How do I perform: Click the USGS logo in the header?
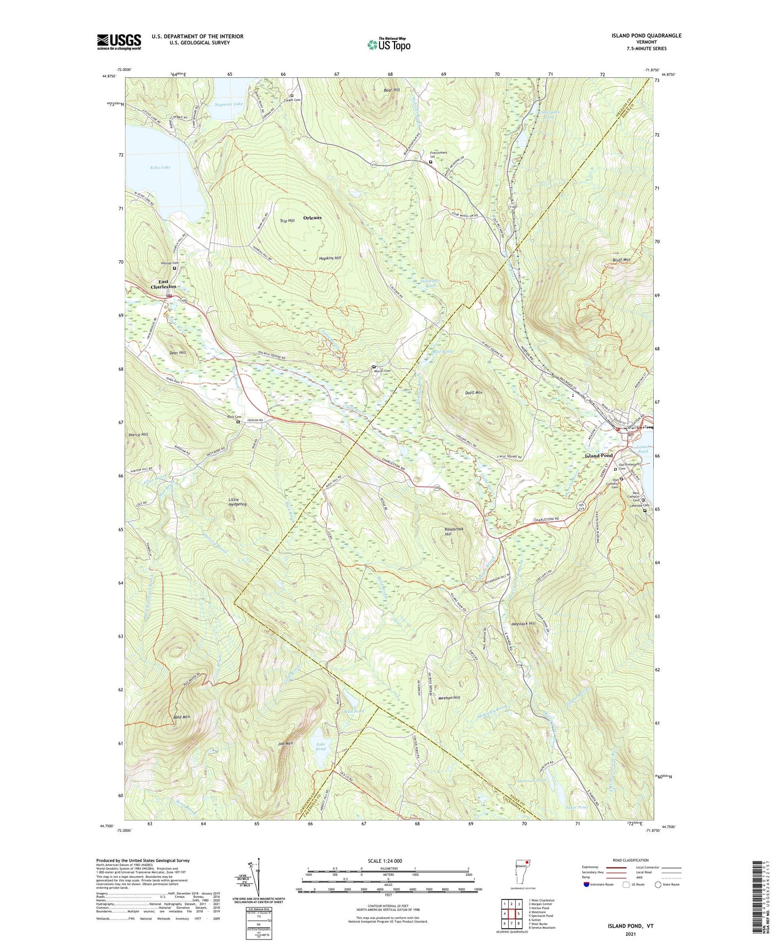[119, 42]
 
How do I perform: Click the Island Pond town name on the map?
[599, 456]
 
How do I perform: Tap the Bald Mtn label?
[181, 717]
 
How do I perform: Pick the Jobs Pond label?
[320, 747]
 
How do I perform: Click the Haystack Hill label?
[524, 624]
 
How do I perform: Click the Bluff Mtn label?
[620, 260]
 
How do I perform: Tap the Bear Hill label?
[391, 90]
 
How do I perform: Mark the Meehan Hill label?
[449, 698]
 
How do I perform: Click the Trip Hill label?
[287, 221]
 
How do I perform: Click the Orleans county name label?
[312, 218]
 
